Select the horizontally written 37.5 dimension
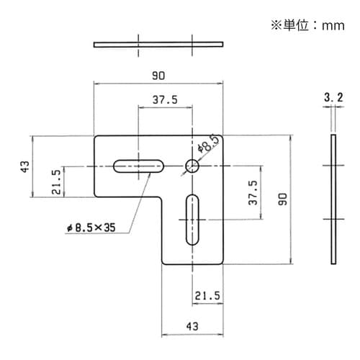(165, 100)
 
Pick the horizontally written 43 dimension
(192, 326)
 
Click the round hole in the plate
(192, 166)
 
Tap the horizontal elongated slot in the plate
(138, 166)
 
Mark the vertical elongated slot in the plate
(192, 220)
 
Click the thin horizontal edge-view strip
(158, 45)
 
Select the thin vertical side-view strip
(333, 199)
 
